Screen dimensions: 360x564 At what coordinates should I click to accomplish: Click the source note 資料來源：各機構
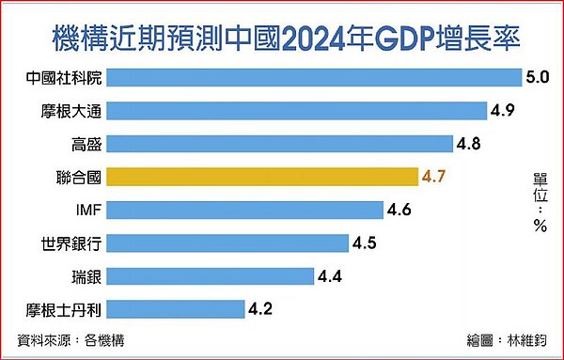70,340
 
